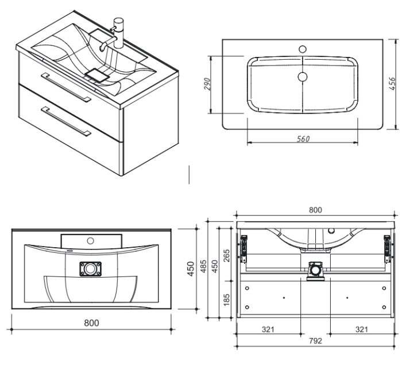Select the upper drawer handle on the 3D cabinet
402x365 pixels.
pos(66,87)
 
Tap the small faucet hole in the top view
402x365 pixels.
pos(303,49)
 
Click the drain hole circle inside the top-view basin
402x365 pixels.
pos(303,76)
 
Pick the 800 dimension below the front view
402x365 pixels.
pos(91,322)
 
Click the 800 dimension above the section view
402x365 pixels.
pos(315,210)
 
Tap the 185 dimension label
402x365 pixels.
pos(227,299)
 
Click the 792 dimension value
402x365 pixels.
pos(315,340)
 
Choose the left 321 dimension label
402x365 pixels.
pos(268,329)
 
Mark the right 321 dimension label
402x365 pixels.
pos(361,329)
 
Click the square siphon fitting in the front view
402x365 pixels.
pos(90,268)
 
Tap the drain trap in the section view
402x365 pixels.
pos(315,270)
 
